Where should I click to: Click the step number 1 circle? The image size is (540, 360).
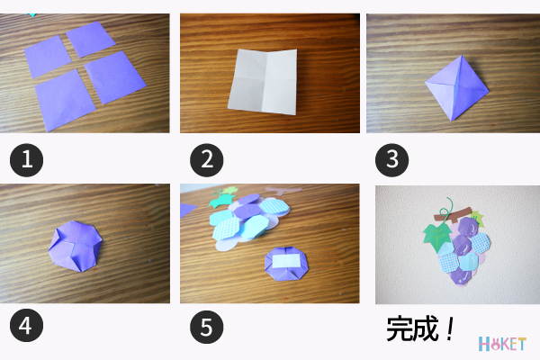click(x=26, y=160)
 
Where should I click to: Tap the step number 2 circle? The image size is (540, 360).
click(x=207, y=160)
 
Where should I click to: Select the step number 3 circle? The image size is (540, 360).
click(x=391, y=160)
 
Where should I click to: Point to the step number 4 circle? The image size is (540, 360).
click(x=26, y=325)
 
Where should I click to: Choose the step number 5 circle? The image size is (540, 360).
click(x=207, y=327)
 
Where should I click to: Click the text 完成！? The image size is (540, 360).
click(x=420, y=329)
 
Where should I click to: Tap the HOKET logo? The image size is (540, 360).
click(x=502, y=344)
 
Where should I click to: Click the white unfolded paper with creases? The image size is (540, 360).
click(x=263, y=82)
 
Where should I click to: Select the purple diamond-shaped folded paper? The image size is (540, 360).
click(x=457, y=88)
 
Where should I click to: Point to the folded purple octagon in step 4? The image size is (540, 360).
click(x=76, y=247)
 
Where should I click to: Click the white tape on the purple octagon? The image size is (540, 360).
click(x=286, y=261)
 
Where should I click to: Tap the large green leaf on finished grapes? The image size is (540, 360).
click(x=437, y=237)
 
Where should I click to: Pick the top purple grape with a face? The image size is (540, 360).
click(x=468, y=226)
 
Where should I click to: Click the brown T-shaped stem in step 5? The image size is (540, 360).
click(x=283, y=191)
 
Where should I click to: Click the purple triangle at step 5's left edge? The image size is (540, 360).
click(x=188, y=210)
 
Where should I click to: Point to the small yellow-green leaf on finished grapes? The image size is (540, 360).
click(x=477, y=218)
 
